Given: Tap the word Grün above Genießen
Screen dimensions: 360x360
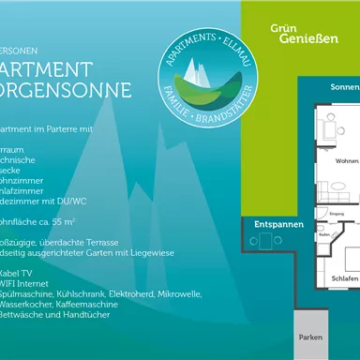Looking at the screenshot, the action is coord(283,28).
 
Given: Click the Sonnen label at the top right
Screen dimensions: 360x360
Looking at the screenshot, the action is coord(344,87).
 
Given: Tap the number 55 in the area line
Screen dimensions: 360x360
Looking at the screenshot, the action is coord(58,221).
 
